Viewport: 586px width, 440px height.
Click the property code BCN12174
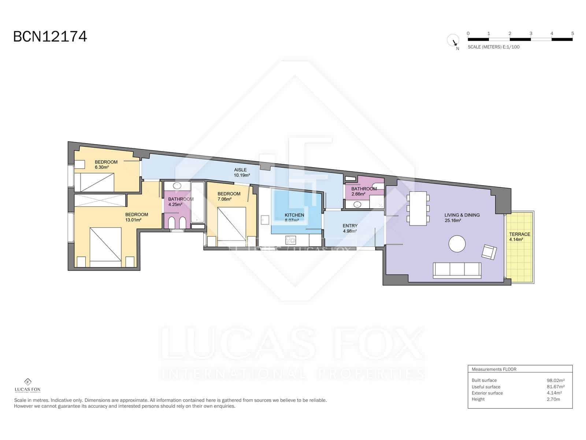pos(50,37)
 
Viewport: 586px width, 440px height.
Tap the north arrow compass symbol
pos(453,41)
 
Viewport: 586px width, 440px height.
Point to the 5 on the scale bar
pos(572,33)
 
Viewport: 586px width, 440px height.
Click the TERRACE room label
pos(519,234)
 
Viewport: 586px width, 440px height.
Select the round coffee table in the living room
pos(457,244)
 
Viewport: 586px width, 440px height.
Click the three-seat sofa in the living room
pos(457,270)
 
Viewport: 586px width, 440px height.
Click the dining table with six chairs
pos(418,208)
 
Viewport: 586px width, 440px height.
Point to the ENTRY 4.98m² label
pos(350,228)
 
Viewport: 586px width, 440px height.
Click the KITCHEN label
pos(294,215)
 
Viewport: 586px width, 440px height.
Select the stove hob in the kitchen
pos(291,241)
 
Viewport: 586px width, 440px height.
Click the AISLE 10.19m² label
pos(241,172)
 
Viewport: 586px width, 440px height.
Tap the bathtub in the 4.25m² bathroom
pos(198,202)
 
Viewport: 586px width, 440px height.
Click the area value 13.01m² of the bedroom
pos(133,220)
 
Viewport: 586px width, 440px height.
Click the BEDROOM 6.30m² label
pos(106,165)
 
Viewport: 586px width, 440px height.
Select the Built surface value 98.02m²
pos(555,380)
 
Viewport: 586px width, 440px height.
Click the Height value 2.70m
pos(553,399)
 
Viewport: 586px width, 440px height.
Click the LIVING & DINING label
pos(462,215)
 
